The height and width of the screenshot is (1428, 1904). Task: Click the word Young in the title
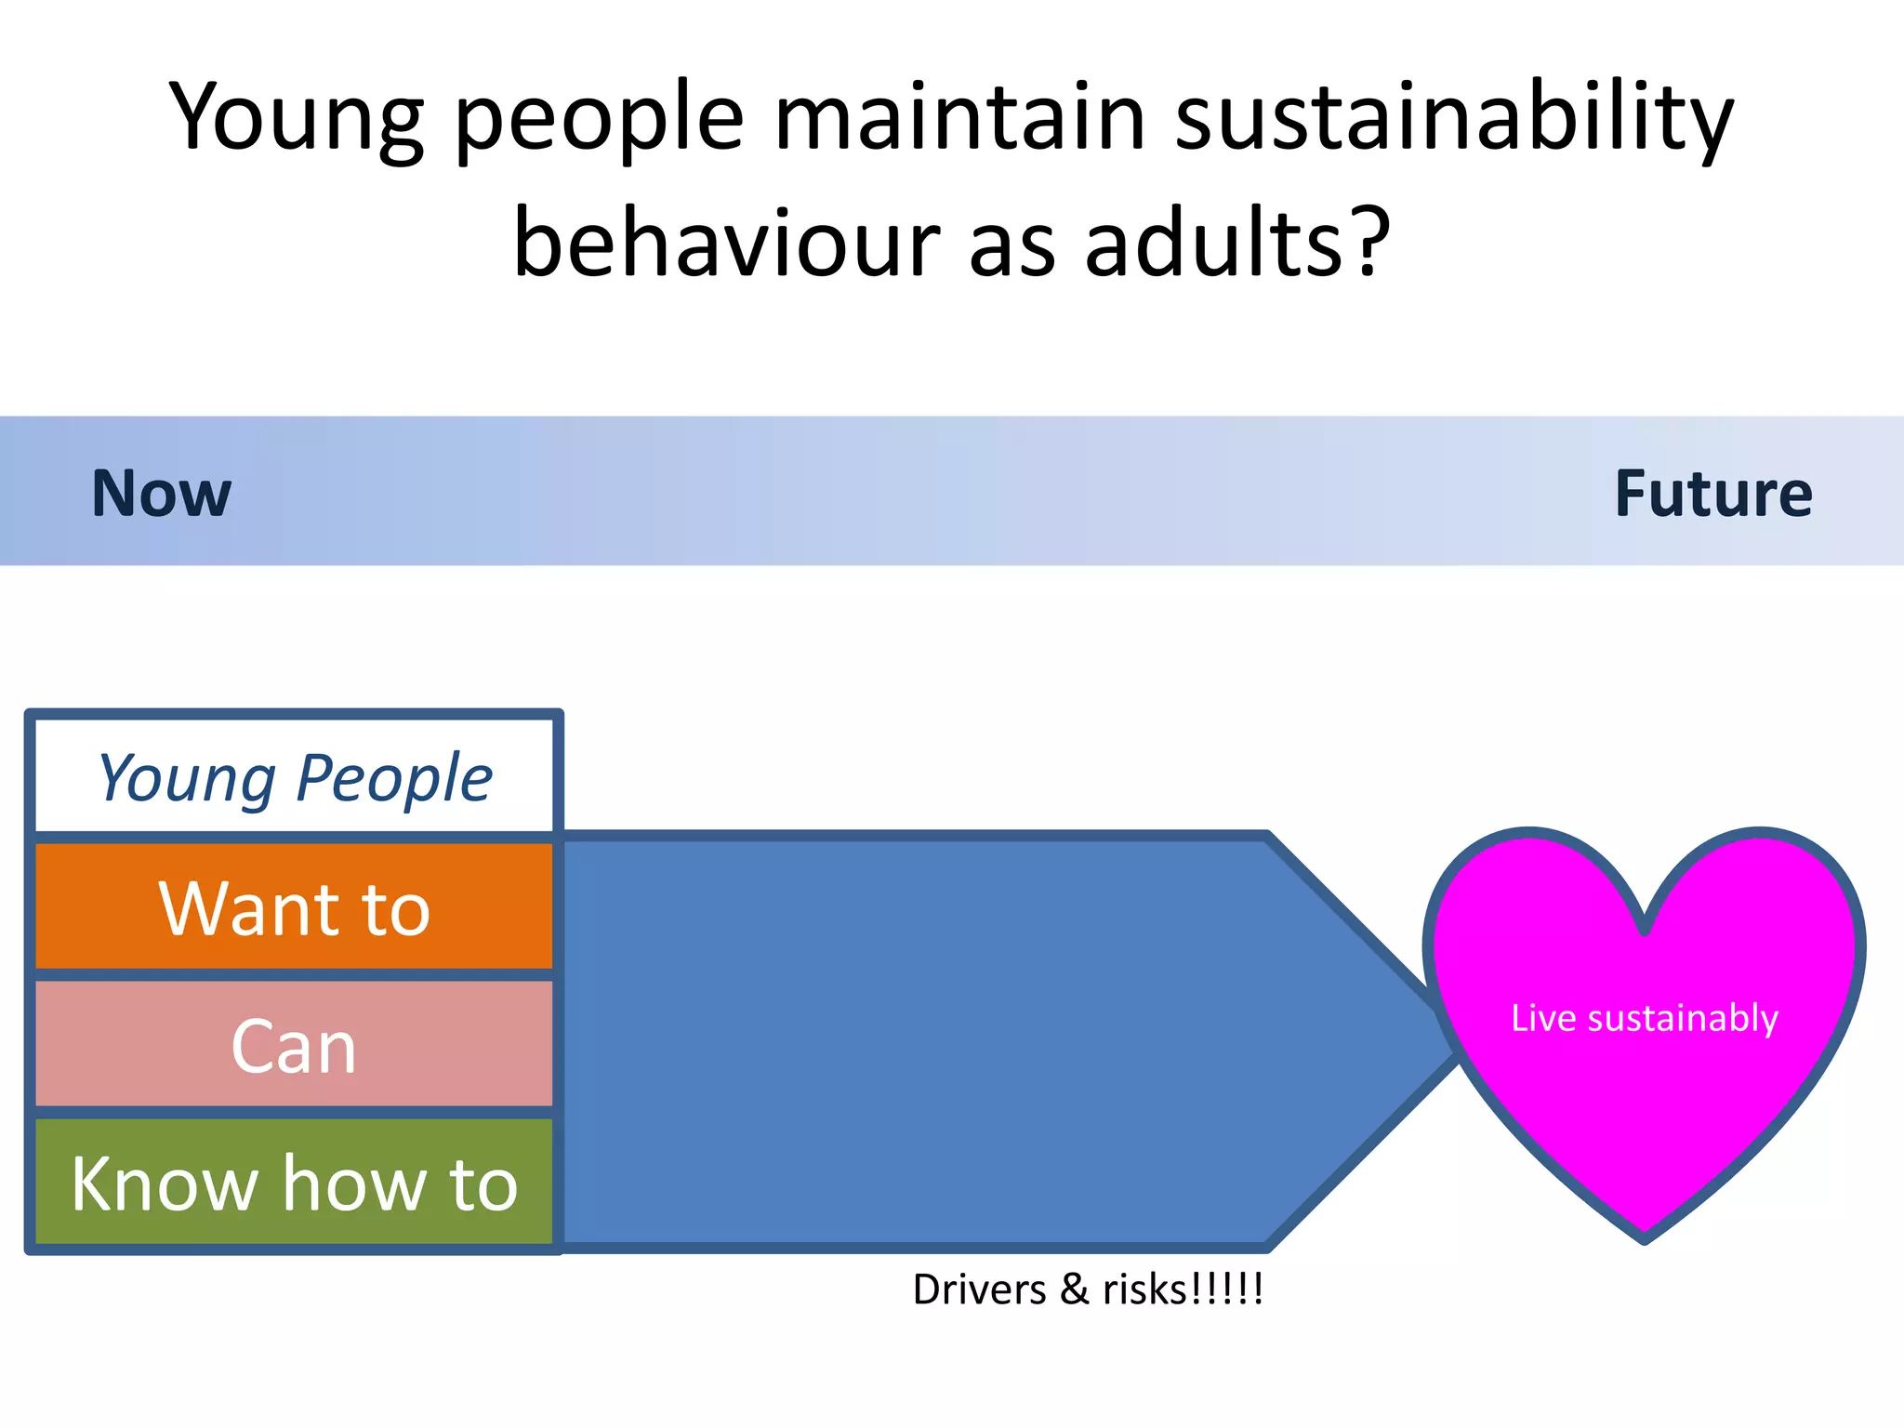pos(296,119)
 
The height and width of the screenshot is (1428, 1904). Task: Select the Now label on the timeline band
pos(161,493)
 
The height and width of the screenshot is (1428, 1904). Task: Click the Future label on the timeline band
pos(1712,493)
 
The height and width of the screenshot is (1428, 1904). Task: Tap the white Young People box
pos(294,777)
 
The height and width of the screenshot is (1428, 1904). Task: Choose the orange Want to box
pos(294,908)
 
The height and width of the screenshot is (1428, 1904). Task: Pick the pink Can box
pos(294,1046)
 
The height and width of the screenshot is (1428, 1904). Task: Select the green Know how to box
pos(294,1183)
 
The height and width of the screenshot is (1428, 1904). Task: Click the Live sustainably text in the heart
pos(1644,1018)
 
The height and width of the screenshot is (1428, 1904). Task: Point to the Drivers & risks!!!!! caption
pos(1088,1289)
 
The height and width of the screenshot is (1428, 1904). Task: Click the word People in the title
pos(599,119)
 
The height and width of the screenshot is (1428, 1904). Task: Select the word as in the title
pos(1012,244)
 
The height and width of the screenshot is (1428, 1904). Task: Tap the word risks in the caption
pos(1144,1289)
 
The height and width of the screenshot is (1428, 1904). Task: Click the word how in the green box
pos(353,1183)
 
